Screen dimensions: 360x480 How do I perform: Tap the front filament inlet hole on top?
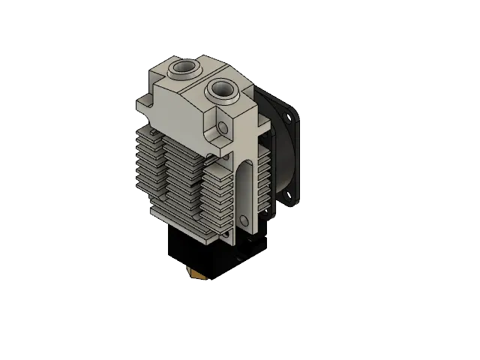click(x=222, y=89)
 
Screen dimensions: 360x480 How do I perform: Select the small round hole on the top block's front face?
click(x=223, y=129)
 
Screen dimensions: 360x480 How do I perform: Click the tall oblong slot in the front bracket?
click(x=246, y=187)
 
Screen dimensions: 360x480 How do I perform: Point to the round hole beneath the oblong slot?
click(x=244, y=220)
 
